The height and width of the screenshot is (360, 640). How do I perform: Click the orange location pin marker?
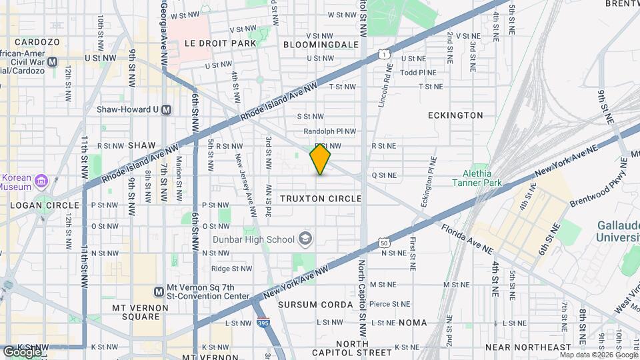coord(321,159)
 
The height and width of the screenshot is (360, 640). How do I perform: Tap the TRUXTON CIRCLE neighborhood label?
coord(321,199)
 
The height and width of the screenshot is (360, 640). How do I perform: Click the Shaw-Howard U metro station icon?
coord(167,110)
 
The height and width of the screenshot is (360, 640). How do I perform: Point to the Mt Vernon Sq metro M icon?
coord(159,291)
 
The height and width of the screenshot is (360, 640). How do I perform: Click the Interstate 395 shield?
coord(263,322)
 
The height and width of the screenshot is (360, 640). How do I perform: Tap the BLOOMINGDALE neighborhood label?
coord(321,45)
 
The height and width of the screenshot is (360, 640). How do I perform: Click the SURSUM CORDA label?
coord(315,305)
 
